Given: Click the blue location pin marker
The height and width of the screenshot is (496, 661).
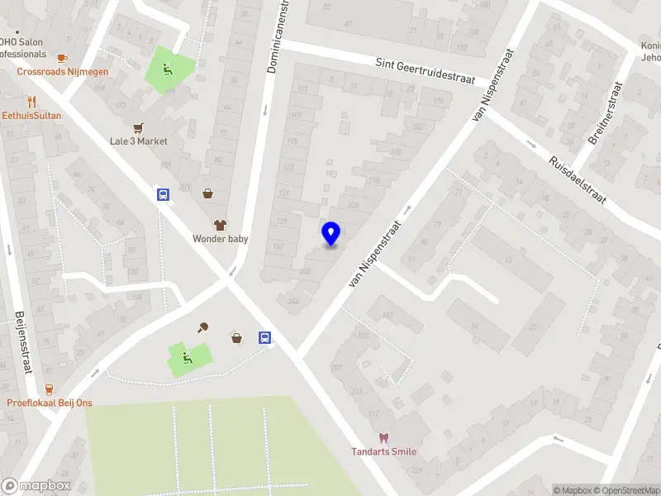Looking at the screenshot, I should click(331, 234).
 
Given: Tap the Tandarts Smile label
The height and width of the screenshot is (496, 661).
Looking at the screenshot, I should click(383, 451).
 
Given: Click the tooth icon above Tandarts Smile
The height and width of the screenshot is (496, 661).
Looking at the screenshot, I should click(383, 437).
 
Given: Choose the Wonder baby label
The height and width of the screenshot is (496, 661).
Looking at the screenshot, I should click(221, 239).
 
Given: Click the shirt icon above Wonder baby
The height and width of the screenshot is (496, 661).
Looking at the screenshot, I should click(220, 224).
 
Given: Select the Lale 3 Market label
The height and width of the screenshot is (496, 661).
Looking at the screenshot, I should click(139, 141).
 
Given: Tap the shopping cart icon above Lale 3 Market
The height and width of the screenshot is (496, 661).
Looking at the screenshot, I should click(138, 127).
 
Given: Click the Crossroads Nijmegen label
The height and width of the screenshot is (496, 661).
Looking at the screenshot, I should click(63, 72).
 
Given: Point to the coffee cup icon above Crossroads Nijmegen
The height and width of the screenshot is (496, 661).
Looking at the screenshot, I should click(62, 58).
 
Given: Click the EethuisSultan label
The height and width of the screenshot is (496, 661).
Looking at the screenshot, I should click(31, 116).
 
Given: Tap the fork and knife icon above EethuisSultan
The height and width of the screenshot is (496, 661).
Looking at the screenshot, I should click(31, 102).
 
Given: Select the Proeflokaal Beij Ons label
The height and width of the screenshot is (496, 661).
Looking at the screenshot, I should click(50, 403).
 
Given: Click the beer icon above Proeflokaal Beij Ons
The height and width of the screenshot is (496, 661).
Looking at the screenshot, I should click(49, 389).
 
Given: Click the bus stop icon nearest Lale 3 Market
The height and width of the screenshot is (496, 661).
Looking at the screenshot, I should click(163, 195).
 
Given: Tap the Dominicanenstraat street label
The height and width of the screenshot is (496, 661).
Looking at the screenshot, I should click(280, 36).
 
